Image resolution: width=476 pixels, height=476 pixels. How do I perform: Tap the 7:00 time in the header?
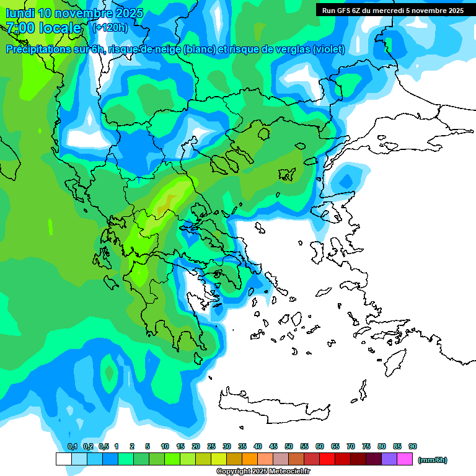click(x=19, y=28)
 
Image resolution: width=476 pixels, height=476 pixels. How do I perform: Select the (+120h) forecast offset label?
click(x=110, y=27)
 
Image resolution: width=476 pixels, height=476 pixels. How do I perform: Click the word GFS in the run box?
click(x=343, y=11)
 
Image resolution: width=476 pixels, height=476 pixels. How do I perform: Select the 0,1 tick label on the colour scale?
click(x=73, y=446)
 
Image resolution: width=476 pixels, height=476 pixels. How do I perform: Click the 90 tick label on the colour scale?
click(x=413, y=446)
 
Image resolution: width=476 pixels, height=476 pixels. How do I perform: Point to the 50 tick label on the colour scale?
click(x=289, y=446)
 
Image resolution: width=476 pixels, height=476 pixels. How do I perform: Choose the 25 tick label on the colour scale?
click(x=211, y=446)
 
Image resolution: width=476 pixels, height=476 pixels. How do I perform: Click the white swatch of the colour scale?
click(x=63, y=459)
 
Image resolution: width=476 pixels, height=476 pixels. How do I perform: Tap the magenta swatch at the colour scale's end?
click(x=405, y=459)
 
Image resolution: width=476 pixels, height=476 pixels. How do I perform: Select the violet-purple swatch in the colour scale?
click(x=389, y=459)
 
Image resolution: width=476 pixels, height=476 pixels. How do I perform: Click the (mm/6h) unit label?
click(x=433, y=460)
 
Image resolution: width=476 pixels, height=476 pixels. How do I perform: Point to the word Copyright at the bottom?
click(x=233, y=472)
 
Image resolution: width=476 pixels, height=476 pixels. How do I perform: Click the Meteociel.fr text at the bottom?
click(x=289, y=472)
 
